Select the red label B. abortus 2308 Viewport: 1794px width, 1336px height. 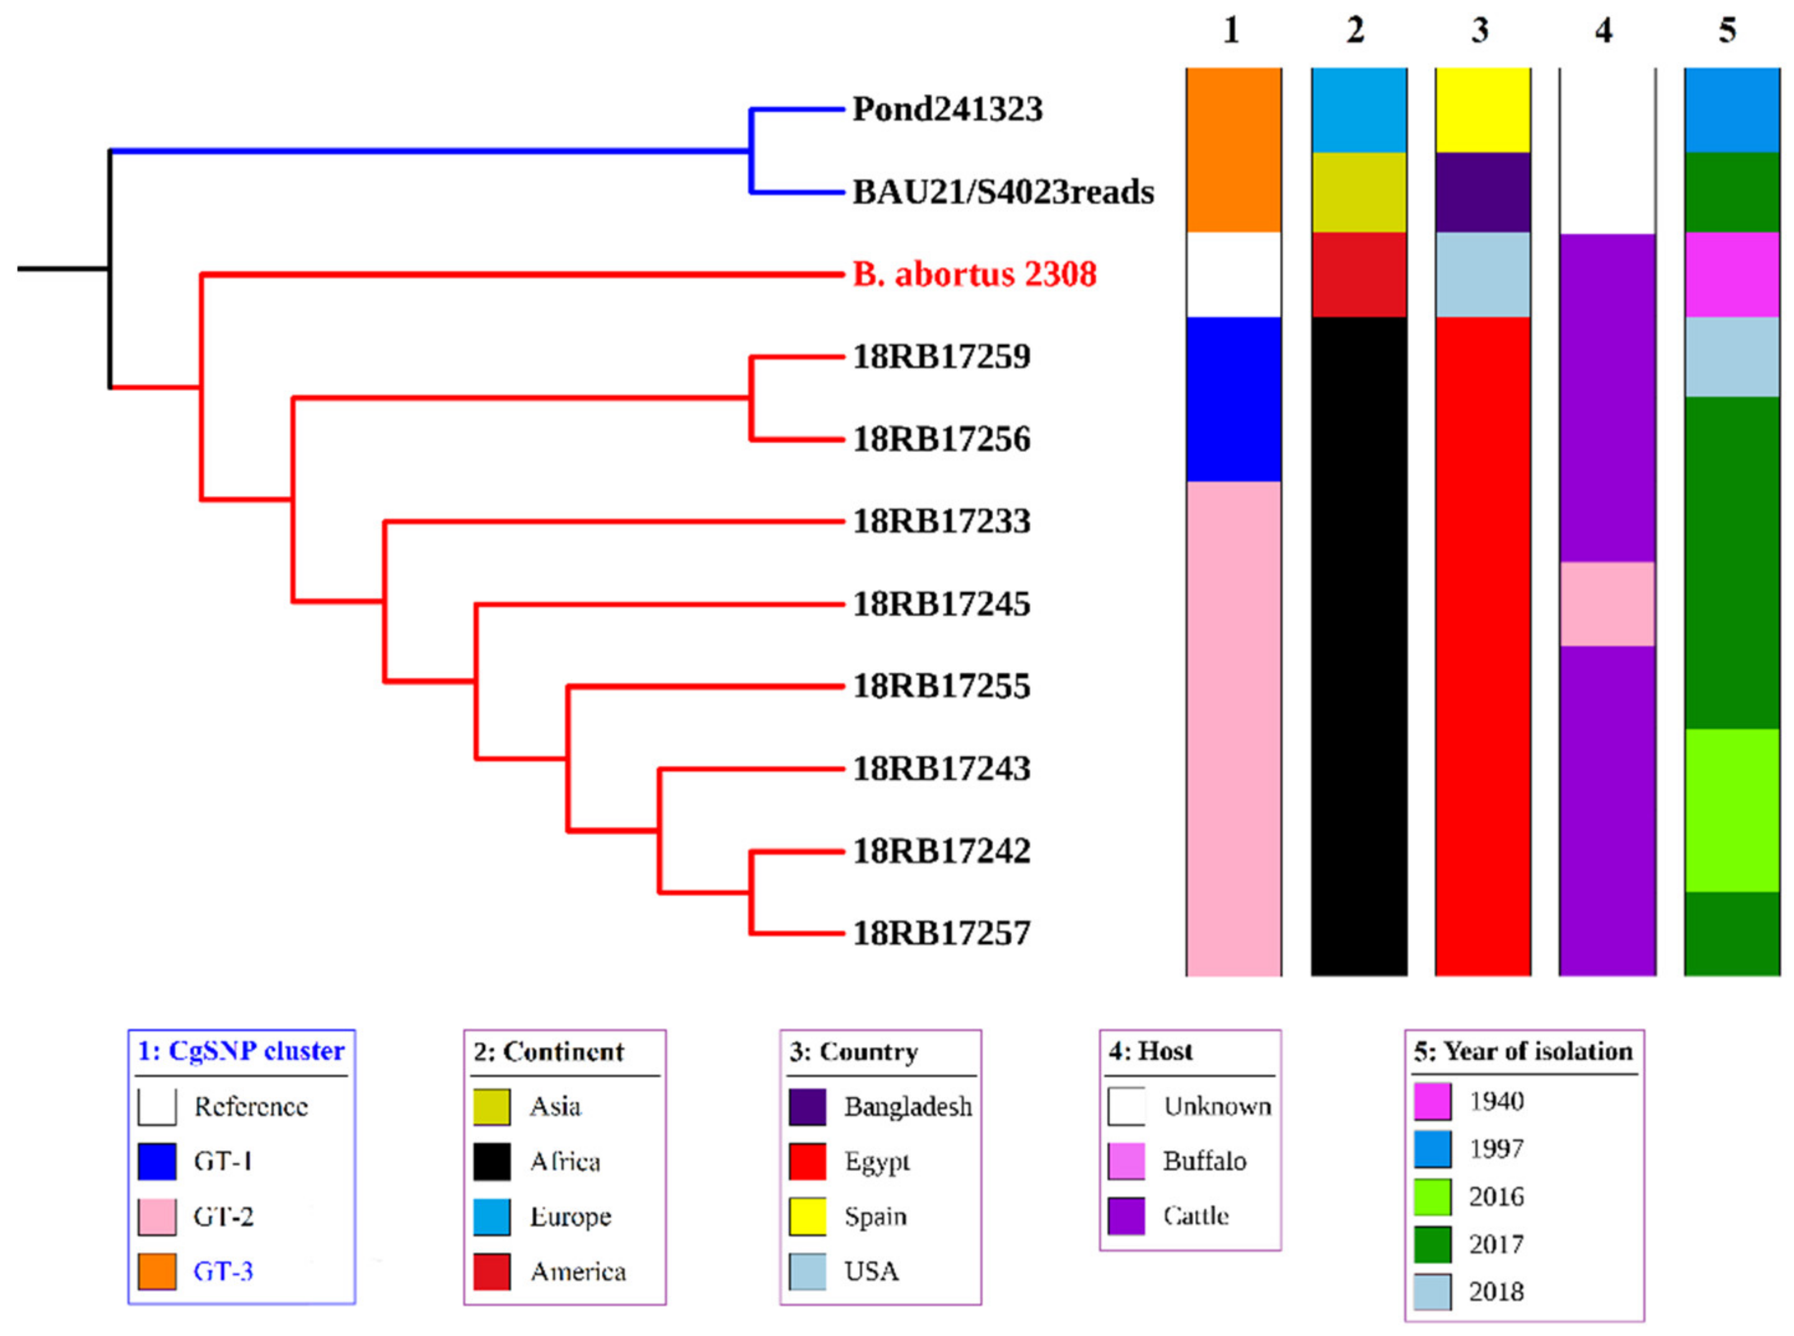[974, 274]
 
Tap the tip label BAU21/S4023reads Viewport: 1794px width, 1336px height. [1003, 192]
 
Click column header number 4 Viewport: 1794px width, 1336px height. [1603, 30]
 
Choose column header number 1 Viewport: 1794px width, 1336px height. [1231, 30]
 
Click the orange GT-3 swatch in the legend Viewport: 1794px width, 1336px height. [156, 1271]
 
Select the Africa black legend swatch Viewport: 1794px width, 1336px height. [492, 1161]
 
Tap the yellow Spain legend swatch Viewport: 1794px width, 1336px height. [807, 1217]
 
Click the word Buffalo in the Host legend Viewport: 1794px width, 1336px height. [1204, 1161]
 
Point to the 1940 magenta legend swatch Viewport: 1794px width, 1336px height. [1431, 1102]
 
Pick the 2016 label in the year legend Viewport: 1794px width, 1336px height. [1497, 1197]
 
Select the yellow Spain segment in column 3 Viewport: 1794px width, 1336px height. [1482, 110]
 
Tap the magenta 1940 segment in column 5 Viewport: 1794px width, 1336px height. [1732, 274]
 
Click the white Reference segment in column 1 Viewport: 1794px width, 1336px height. [1234, 274]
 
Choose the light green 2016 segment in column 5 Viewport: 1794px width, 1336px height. [1732, 810]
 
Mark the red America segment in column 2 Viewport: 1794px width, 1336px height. [1359, 274]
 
